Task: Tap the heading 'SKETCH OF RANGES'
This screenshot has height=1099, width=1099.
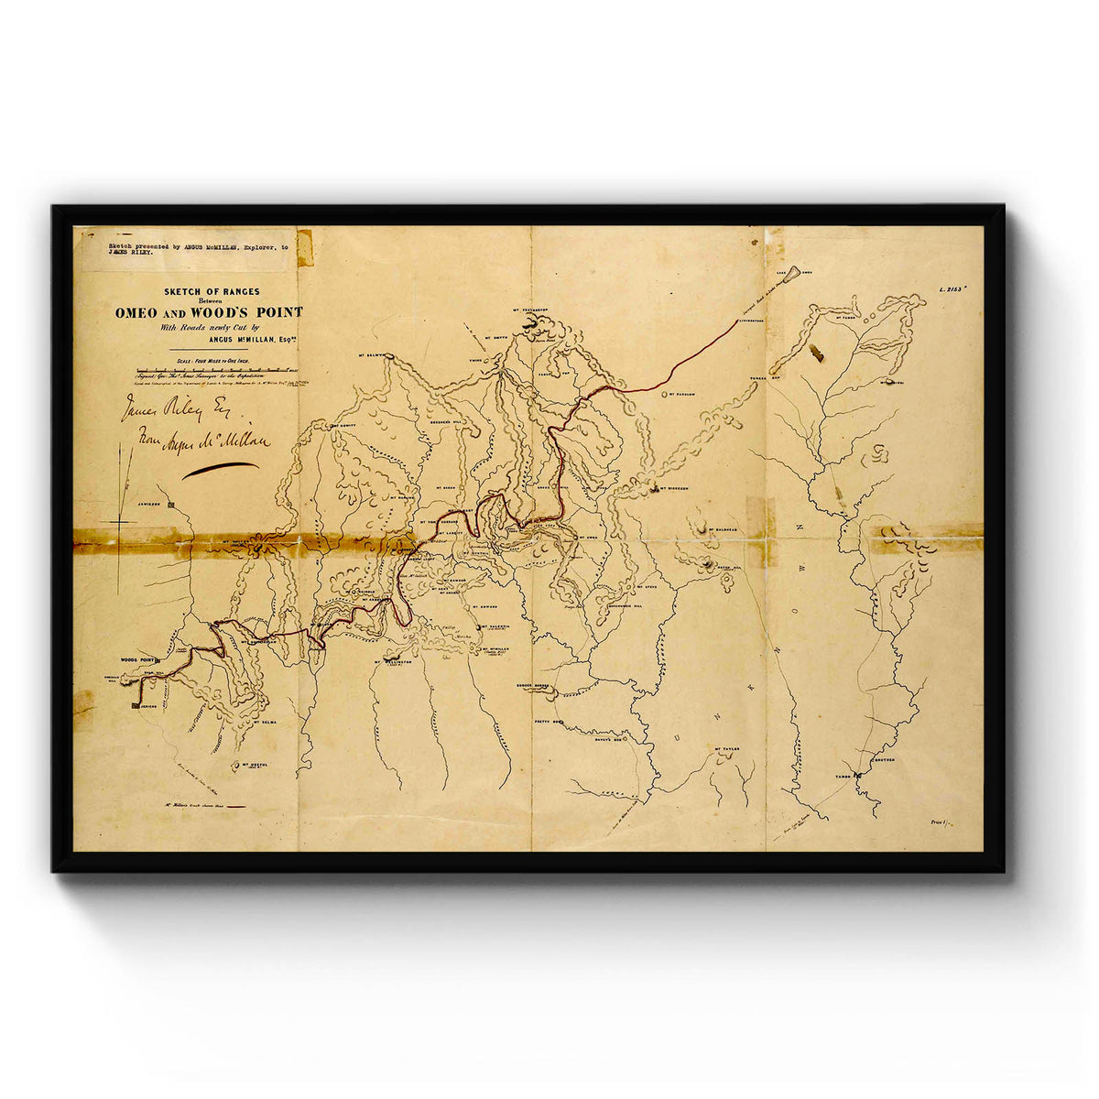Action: [x=212, y=292]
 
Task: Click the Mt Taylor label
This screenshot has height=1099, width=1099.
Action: [x=724, y=748]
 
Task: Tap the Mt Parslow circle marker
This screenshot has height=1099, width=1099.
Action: [x=664, y=394]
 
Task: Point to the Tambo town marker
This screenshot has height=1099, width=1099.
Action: [x=859, y=777]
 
